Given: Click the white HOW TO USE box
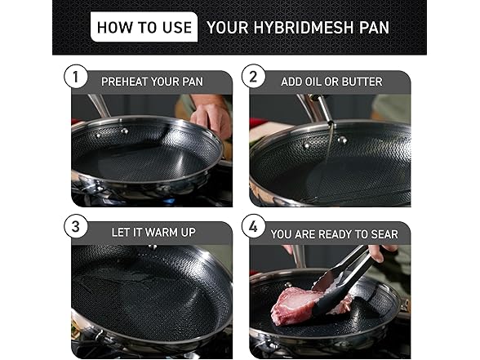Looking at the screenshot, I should (144, 27).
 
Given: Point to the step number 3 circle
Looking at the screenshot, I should (75, 229).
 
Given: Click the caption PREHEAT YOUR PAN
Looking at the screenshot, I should (152, 82).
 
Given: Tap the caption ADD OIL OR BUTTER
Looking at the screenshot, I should (331, 82).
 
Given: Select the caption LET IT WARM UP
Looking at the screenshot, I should (153, 232).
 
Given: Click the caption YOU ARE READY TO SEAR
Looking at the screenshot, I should (334, 233).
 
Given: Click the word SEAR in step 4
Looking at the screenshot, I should (382, 233).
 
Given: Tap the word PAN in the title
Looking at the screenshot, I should (372, 28).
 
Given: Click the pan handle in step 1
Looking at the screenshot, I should (100, 105).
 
